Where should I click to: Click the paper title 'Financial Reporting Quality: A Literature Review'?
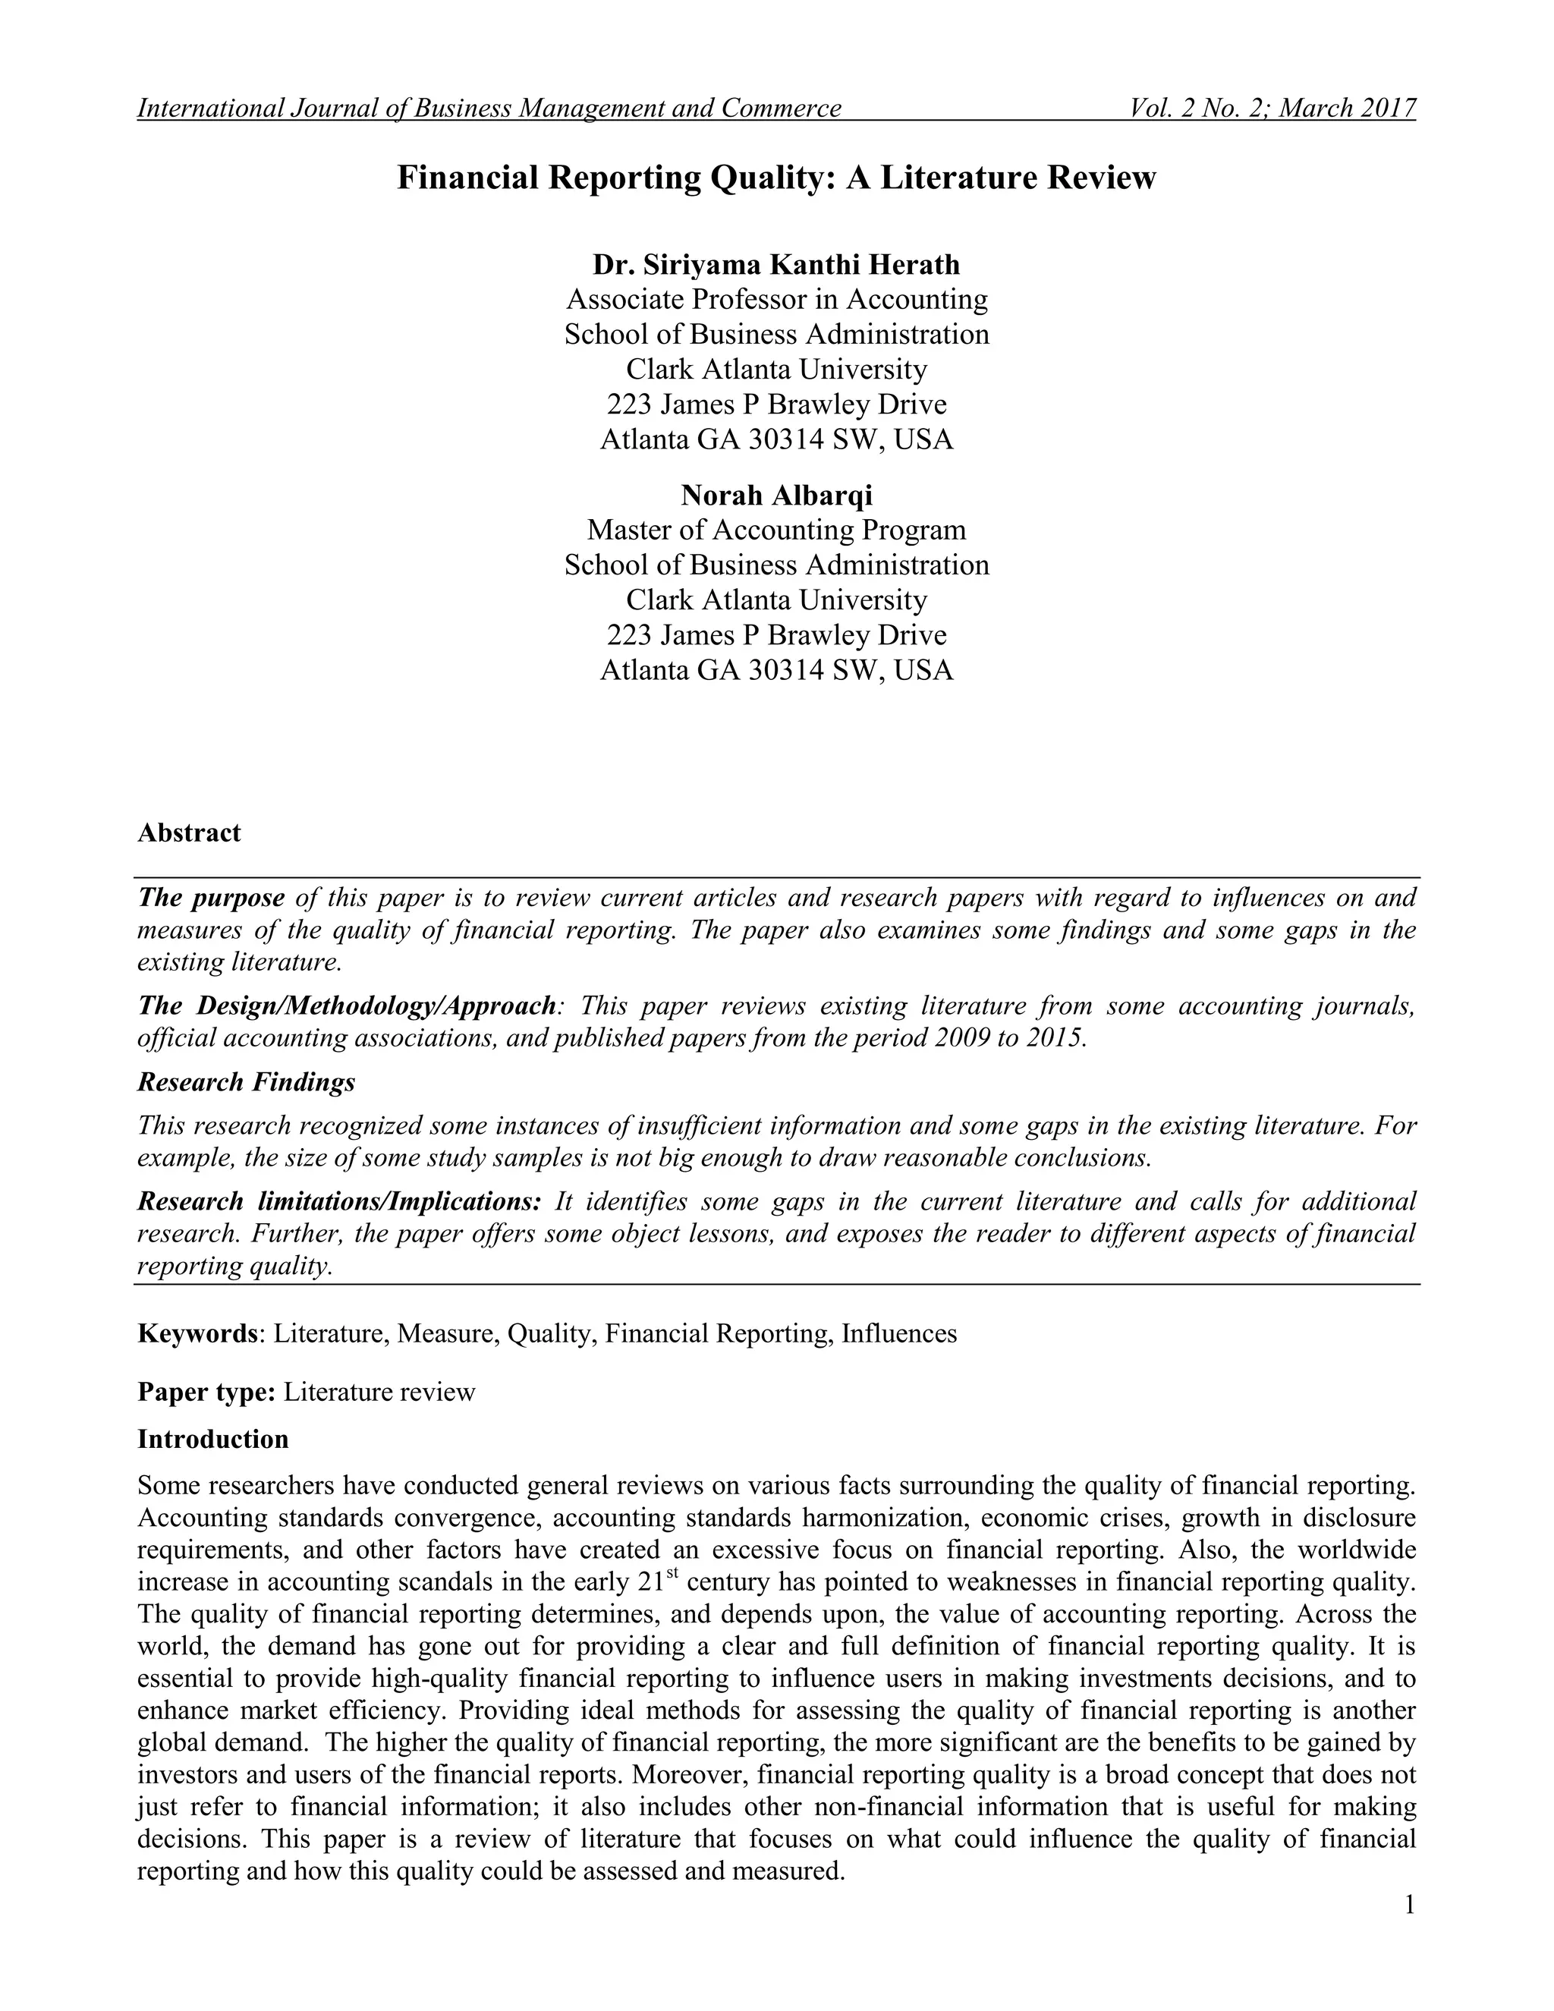tap(776, 177)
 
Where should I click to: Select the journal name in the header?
tap(489, 109)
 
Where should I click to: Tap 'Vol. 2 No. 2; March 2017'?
tap(1272, 109)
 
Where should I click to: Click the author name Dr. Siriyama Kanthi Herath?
tap(776, 265)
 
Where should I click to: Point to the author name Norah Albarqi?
tap(776, 496)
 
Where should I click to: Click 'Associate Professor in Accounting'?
tap(776, 299)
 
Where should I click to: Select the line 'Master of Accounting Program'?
tap(776, 530)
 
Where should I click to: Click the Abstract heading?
tap(189, 832)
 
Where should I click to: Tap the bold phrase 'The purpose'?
tap(211, 897)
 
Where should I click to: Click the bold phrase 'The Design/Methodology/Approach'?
tap(346, 1005)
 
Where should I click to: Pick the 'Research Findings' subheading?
tap(246, 1082)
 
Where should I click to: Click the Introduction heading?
tap(212, 1438)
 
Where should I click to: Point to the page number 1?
tap(1408, 1904)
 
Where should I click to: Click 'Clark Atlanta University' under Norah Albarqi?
tap(776, 600)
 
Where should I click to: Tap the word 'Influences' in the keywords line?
tap(898, 1333)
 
